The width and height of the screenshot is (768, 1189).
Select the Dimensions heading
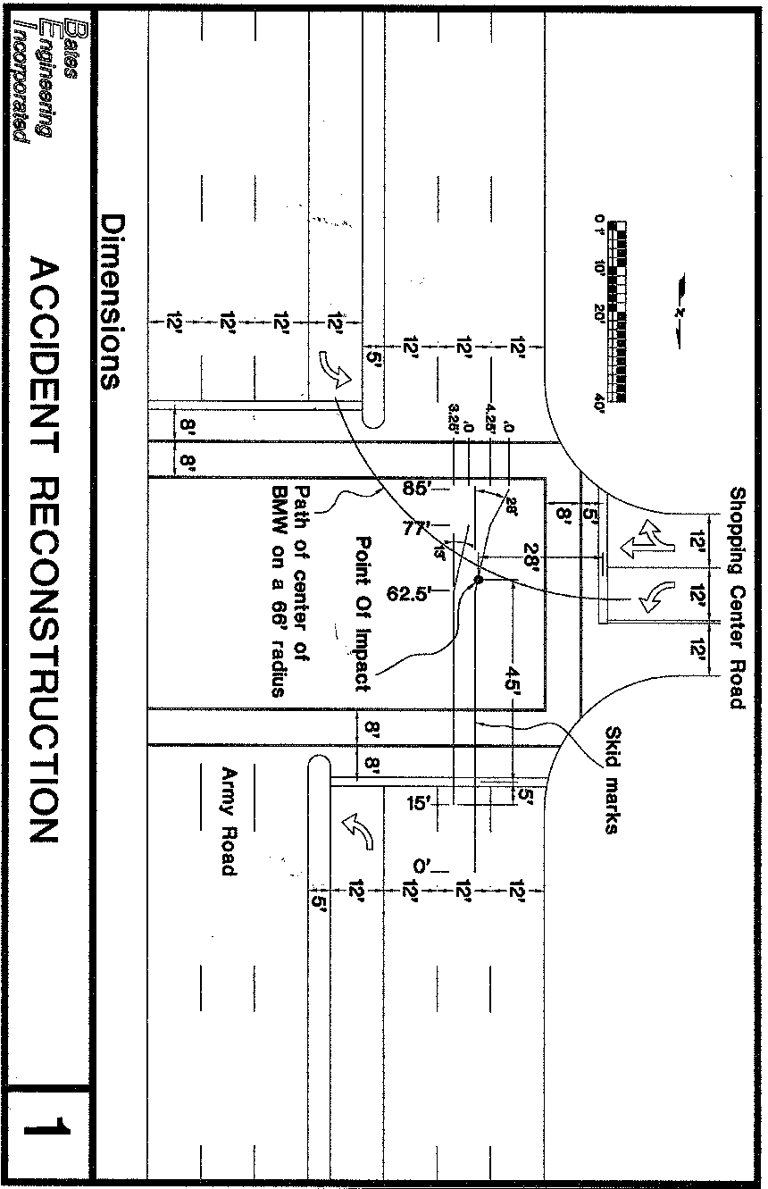[x=112, y=302]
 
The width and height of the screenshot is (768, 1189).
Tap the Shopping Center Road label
[x=737, y=598]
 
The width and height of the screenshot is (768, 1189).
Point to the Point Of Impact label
[x=363, y=614]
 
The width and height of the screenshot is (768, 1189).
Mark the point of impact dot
[x=478, y=580]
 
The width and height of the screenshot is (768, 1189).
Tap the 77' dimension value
[x=416, y=528]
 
